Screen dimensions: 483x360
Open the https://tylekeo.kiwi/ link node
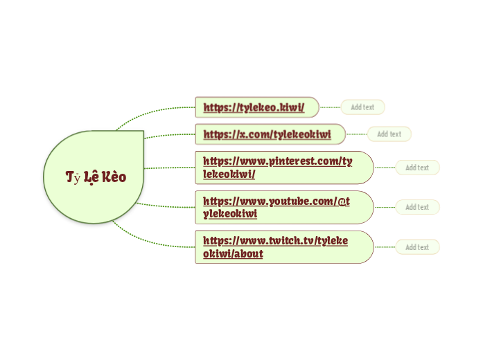click(254, 107)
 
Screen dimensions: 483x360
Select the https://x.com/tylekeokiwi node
click(267, 134)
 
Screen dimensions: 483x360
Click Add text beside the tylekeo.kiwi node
click(362, 107)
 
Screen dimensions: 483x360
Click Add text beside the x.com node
click(389, 134)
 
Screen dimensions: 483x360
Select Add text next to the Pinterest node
click(417, 168)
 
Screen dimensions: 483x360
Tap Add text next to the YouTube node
click(417, 207)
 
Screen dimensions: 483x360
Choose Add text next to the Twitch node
click(417, 247)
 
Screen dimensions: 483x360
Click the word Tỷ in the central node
click(73, 177)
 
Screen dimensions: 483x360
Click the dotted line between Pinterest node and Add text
click(385, 168)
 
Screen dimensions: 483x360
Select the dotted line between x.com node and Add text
click(356, 134)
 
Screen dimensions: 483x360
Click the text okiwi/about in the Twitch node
click(233, 254)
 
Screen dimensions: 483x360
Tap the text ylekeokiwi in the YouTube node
click(230, 214)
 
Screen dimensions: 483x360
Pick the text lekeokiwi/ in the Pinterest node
click(229, 174)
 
